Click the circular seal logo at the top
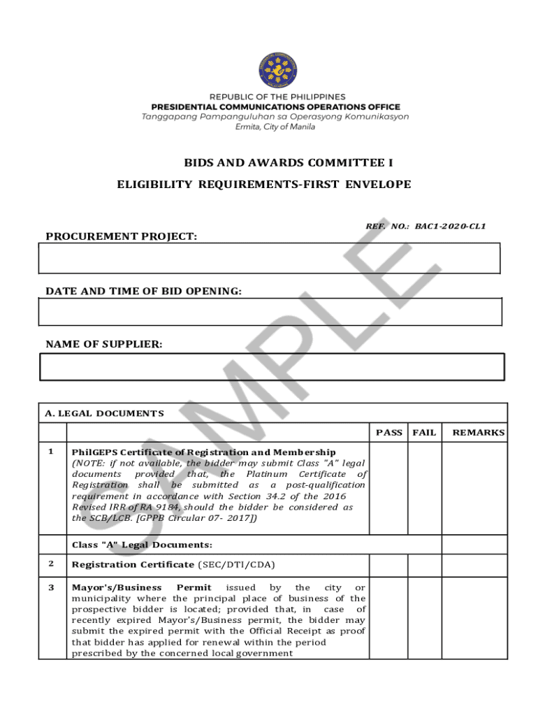278,71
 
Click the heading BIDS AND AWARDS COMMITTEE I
289,163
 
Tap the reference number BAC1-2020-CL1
450,226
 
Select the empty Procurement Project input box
270,258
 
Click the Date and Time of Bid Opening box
270,312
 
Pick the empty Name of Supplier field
272,366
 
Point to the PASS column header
388,433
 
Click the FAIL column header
424,433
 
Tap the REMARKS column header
478,433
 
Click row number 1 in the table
51,451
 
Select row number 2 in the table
51,564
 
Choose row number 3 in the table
51,587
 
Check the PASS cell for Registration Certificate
388,564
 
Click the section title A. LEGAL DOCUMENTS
104,413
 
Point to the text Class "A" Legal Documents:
142,545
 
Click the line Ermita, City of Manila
275,127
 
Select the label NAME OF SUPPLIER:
103,344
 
